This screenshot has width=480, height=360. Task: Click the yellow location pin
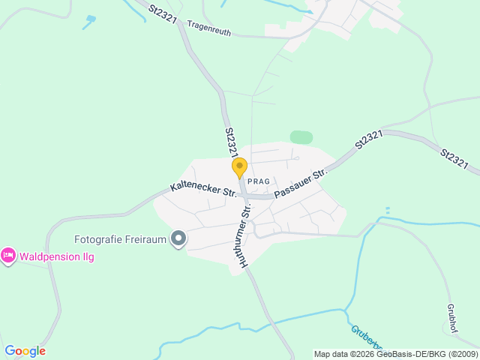pyautogui.click(x=239, y=167)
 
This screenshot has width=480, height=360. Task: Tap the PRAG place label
pyautogui.click(x=258, y=182)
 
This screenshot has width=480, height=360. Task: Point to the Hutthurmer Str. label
pyautogui.click(x=240, y=232)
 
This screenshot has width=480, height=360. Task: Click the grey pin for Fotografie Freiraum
pyautogui.click(x=178, y=239)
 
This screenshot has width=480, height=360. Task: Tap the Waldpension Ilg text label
pyautogui.click(x=57, y=256)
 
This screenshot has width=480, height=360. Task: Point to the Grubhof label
pyautogui.click(x=451, y=318)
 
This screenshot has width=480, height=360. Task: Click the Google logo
pyautogui.click(x=25, y=351)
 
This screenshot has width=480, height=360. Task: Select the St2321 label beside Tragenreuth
pyautogui.click(x=163, y=13)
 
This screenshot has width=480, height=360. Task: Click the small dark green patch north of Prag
pyautogui.click(x=301, y=137)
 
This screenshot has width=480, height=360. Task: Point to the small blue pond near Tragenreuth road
pyautogui.click(x=91, y=18)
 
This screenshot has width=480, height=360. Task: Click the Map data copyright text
pyautogui.click(x=395, y=354)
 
